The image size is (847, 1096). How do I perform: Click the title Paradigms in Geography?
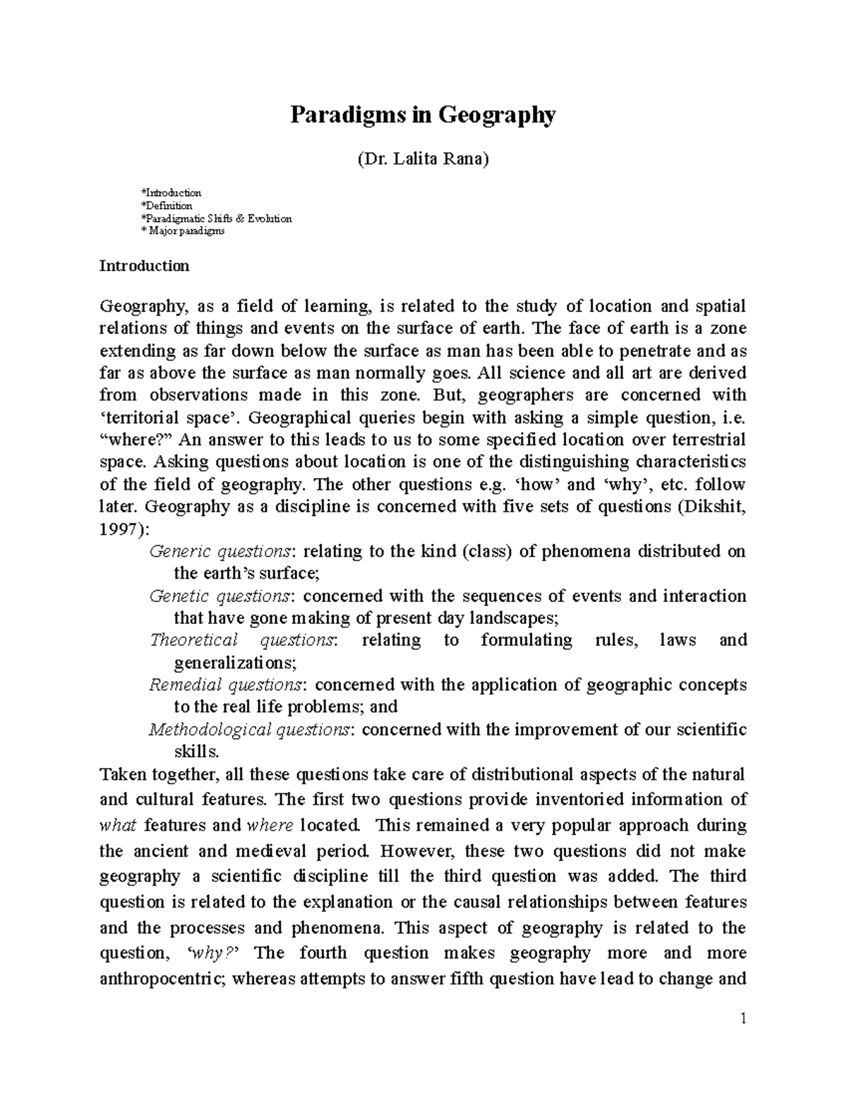pyautogui.click(x=423, y=114)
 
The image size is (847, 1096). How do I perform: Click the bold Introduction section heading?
pyautogui.click(x=144, y=266)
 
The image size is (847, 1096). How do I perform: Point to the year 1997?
pyautogui.click(x=118, y=529)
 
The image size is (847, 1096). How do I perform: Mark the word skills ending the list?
pyautogui.click(x=191, y=752)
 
